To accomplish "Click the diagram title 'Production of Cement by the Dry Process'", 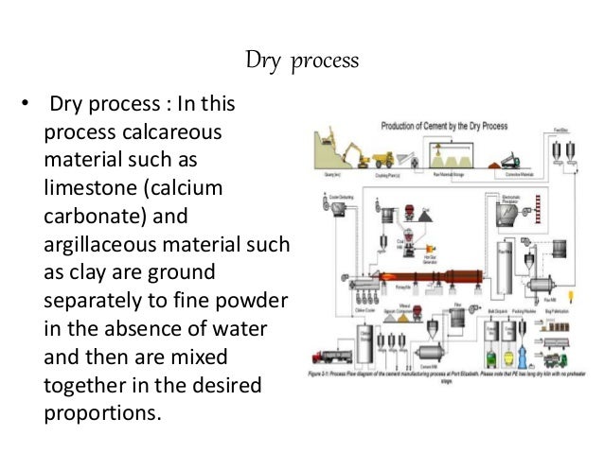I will (444, 126).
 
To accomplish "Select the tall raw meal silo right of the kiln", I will (505, 267).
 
